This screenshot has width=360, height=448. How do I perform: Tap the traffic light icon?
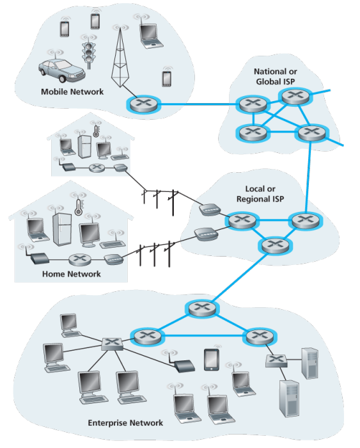pyautogui.click(x=88, y=55)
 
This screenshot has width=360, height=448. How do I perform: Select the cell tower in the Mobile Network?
pyautogui.click(x=120, y=59)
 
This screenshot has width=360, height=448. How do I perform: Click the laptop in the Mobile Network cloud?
pyautogui.click(x=150, y=36)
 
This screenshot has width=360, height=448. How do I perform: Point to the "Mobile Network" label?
pyautogui.click(x=72, y=92)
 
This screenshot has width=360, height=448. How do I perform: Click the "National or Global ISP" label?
pyautogui.click(x=275, y=77)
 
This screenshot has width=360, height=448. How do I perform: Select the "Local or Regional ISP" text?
pyautogui.click(x=260, y=194)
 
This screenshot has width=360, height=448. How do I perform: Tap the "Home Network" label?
pyautogui.click(x=72, y=274)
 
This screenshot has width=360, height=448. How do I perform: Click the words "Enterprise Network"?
pyautogui.click(x=125, y=423)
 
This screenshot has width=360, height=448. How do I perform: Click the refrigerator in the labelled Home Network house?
pyautogui.click(x=62, y=229)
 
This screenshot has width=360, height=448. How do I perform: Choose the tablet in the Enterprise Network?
pyautogui.click(x=212, y=360)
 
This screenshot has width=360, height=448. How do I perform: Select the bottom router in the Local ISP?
pyautogui.click(x=275, y=245)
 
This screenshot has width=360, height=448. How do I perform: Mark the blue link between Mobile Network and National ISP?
pyautogui.click(x=198, y=104)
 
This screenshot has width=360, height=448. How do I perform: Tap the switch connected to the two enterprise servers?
pyautogui.click(x=276, y=361)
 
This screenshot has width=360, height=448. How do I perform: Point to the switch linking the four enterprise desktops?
pyautogui.click(x=113, y=344)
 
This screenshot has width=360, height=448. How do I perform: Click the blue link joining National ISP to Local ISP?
pyautogui.click(x=308, y=177)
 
